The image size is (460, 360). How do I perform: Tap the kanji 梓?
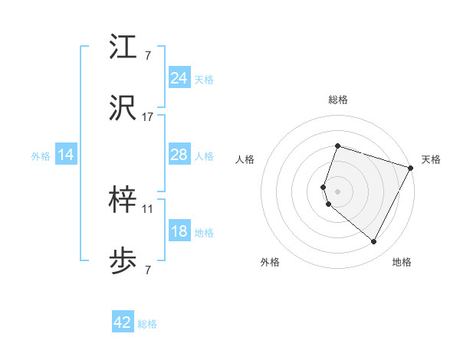coord(123,201)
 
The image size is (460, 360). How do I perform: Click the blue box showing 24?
coord(179,78)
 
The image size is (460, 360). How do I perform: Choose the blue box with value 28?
coord(179,155)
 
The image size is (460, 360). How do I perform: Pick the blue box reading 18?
coord(179,232)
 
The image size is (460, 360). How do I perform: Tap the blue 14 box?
coord(66,155)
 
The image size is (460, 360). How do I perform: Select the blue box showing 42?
coord(123,322)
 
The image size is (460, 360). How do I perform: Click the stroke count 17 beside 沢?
coord(148,117)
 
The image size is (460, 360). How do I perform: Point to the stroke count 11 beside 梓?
coord(148,208)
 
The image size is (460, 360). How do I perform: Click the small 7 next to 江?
coord(147,54)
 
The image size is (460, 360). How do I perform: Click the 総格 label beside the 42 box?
coord(148,324)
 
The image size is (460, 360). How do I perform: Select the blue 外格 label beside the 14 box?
coord(41,155)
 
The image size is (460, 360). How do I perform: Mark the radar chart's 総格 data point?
coord(337,146)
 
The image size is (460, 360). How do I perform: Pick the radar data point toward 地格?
coord(374,242)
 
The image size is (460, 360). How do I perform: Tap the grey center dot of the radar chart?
coord(337,191)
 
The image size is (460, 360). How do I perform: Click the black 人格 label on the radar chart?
coord(245,159)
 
